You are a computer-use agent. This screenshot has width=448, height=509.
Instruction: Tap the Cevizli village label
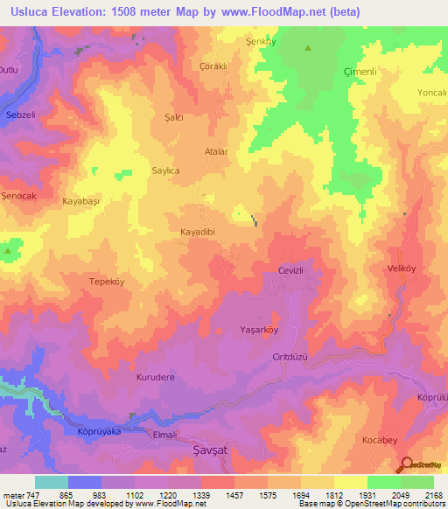(x=290, y=272)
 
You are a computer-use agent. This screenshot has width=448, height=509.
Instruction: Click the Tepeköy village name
(x=107, y=282)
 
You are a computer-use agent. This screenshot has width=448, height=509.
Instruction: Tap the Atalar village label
(x=216, y=151)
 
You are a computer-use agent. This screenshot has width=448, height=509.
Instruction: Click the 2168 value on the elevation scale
(x=432, y=494)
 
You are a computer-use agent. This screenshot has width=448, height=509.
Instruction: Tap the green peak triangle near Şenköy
(x=307, y=48)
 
